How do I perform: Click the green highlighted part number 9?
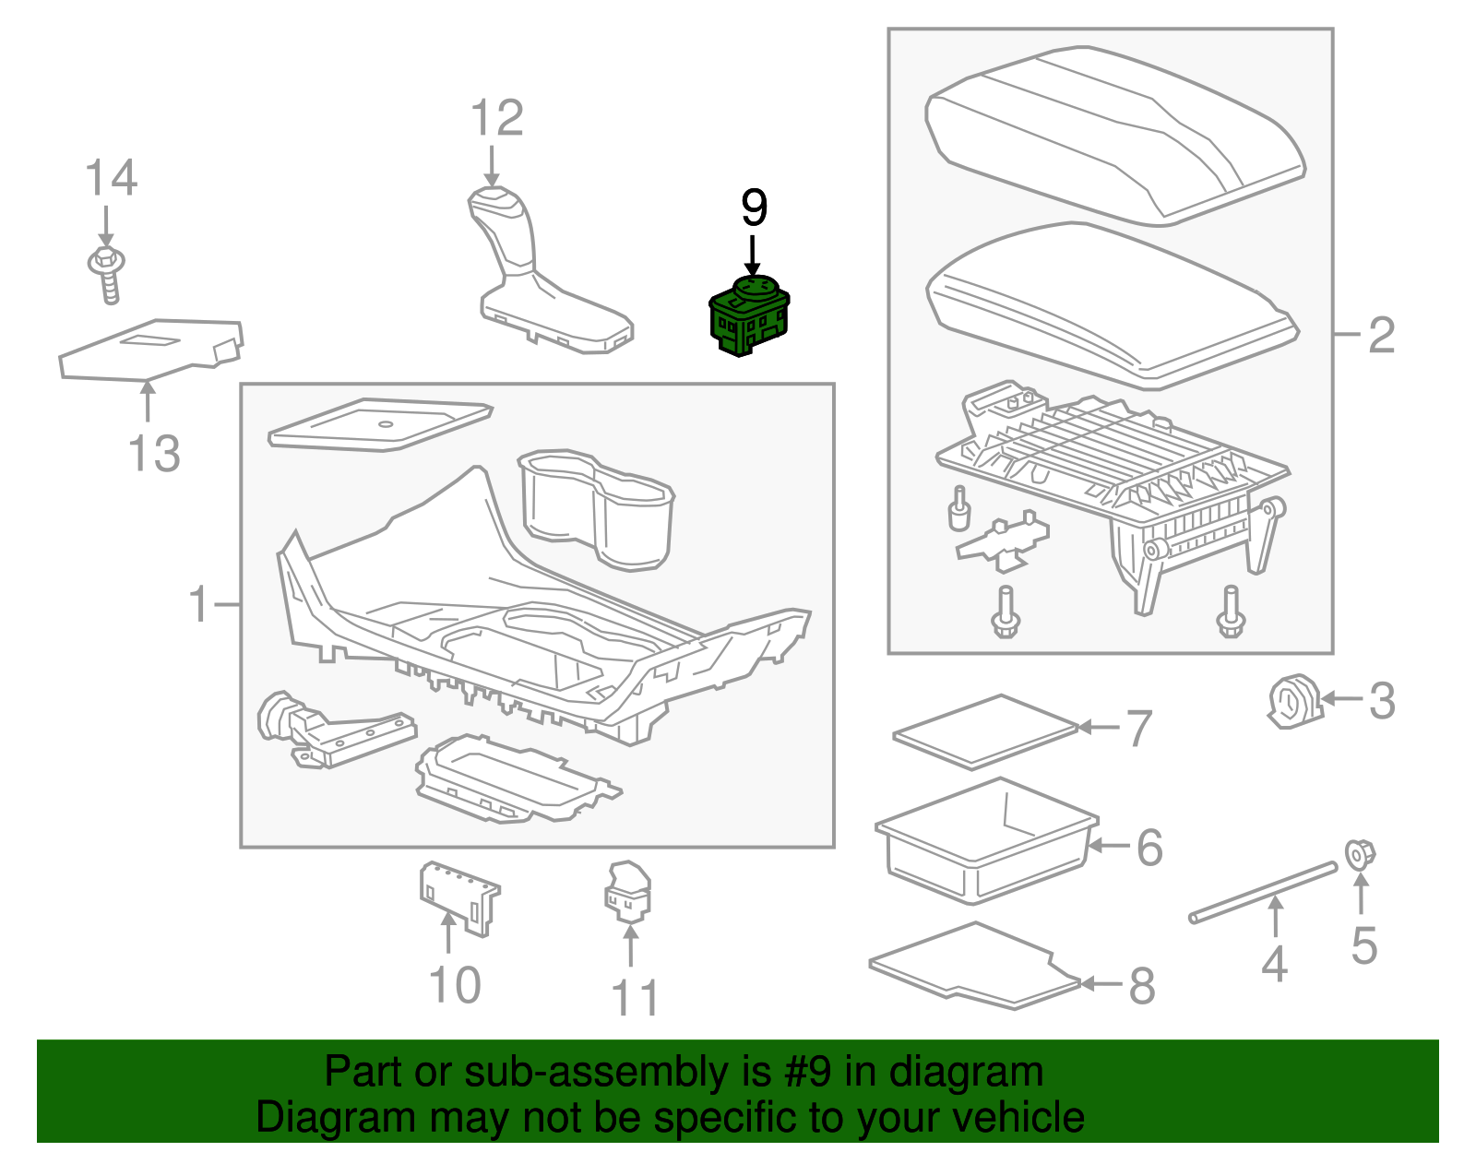pyautogui.click(x=749, y=315)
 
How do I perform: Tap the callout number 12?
pyautogui.click(x=497, y=119)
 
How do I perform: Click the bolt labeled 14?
pyautogui.click(x=107, y=274)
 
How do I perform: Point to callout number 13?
pyautogui.click(x=154, y=454)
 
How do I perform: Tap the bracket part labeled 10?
pyautogui.click(x=458, y=896)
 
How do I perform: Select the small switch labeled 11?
pyautogui.click(x=628, y=892)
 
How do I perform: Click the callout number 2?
pyautogui.click(x=1381, y=335)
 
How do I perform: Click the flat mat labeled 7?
pyautogui.click(x=986, y=730)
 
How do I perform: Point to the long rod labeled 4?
pyautogui.click(x=1263, y=891)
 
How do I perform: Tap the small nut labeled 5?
pyautogui.click(x=1358, y=854)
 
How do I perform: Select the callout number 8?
pyautogui.click(x=1142, y=986)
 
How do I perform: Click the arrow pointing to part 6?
pyautogui.click(x=1109, y=844)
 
